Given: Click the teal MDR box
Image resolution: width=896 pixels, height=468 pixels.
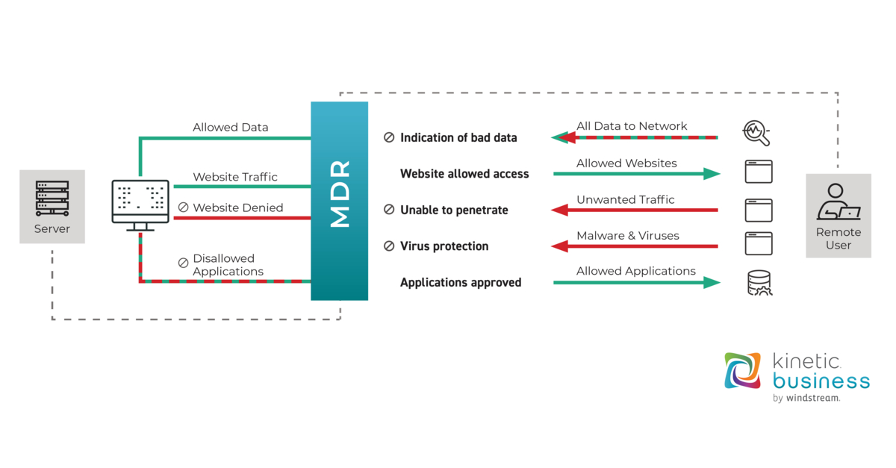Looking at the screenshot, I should (340, 201).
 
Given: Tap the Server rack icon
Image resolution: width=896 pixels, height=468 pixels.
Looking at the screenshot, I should (52, 198).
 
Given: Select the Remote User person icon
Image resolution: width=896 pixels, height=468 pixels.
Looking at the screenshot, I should (839, 201).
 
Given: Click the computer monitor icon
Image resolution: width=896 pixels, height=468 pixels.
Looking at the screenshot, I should (140, 201).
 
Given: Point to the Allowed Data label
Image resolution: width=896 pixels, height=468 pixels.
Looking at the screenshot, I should (230, 128).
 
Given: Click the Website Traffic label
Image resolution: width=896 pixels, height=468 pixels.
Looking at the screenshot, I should (235, 177).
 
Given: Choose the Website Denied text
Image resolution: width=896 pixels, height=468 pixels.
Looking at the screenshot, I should (237, 208).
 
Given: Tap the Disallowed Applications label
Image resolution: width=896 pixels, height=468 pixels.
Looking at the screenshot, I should (228, 265).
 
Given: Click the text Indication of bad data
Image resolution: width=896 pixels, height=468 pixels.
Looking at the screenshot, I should (458, 137).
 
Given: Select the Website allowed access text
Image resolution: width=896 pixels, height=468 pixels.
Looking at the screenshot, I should (464, 174).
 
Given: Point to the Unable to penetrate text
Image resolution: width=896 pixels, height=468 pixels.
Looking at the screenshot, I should (454, 210).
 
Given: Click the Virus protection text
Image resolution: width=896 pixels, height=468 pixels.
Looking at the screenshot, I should (444, 246).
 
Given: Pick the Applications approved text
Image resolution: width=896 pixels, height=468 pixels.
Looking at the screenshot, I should (461, 282).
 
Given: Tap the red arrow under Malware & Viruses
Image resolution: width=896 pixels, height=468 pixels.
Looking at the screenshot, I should (635, 246).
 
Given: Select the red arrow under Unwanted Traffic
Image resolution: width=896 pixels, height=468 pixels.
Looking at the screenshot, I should (635, 210).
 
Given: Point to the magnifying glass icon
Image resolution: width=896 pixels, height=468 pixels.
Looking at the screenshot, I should (757, 133).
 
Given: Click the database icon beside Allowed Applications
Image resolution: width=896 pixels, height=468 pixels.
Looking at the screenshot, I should (759, 283).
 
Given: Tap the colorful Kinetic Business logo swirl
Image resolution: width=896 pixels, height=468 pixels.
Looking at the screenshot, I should (742, 371).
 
